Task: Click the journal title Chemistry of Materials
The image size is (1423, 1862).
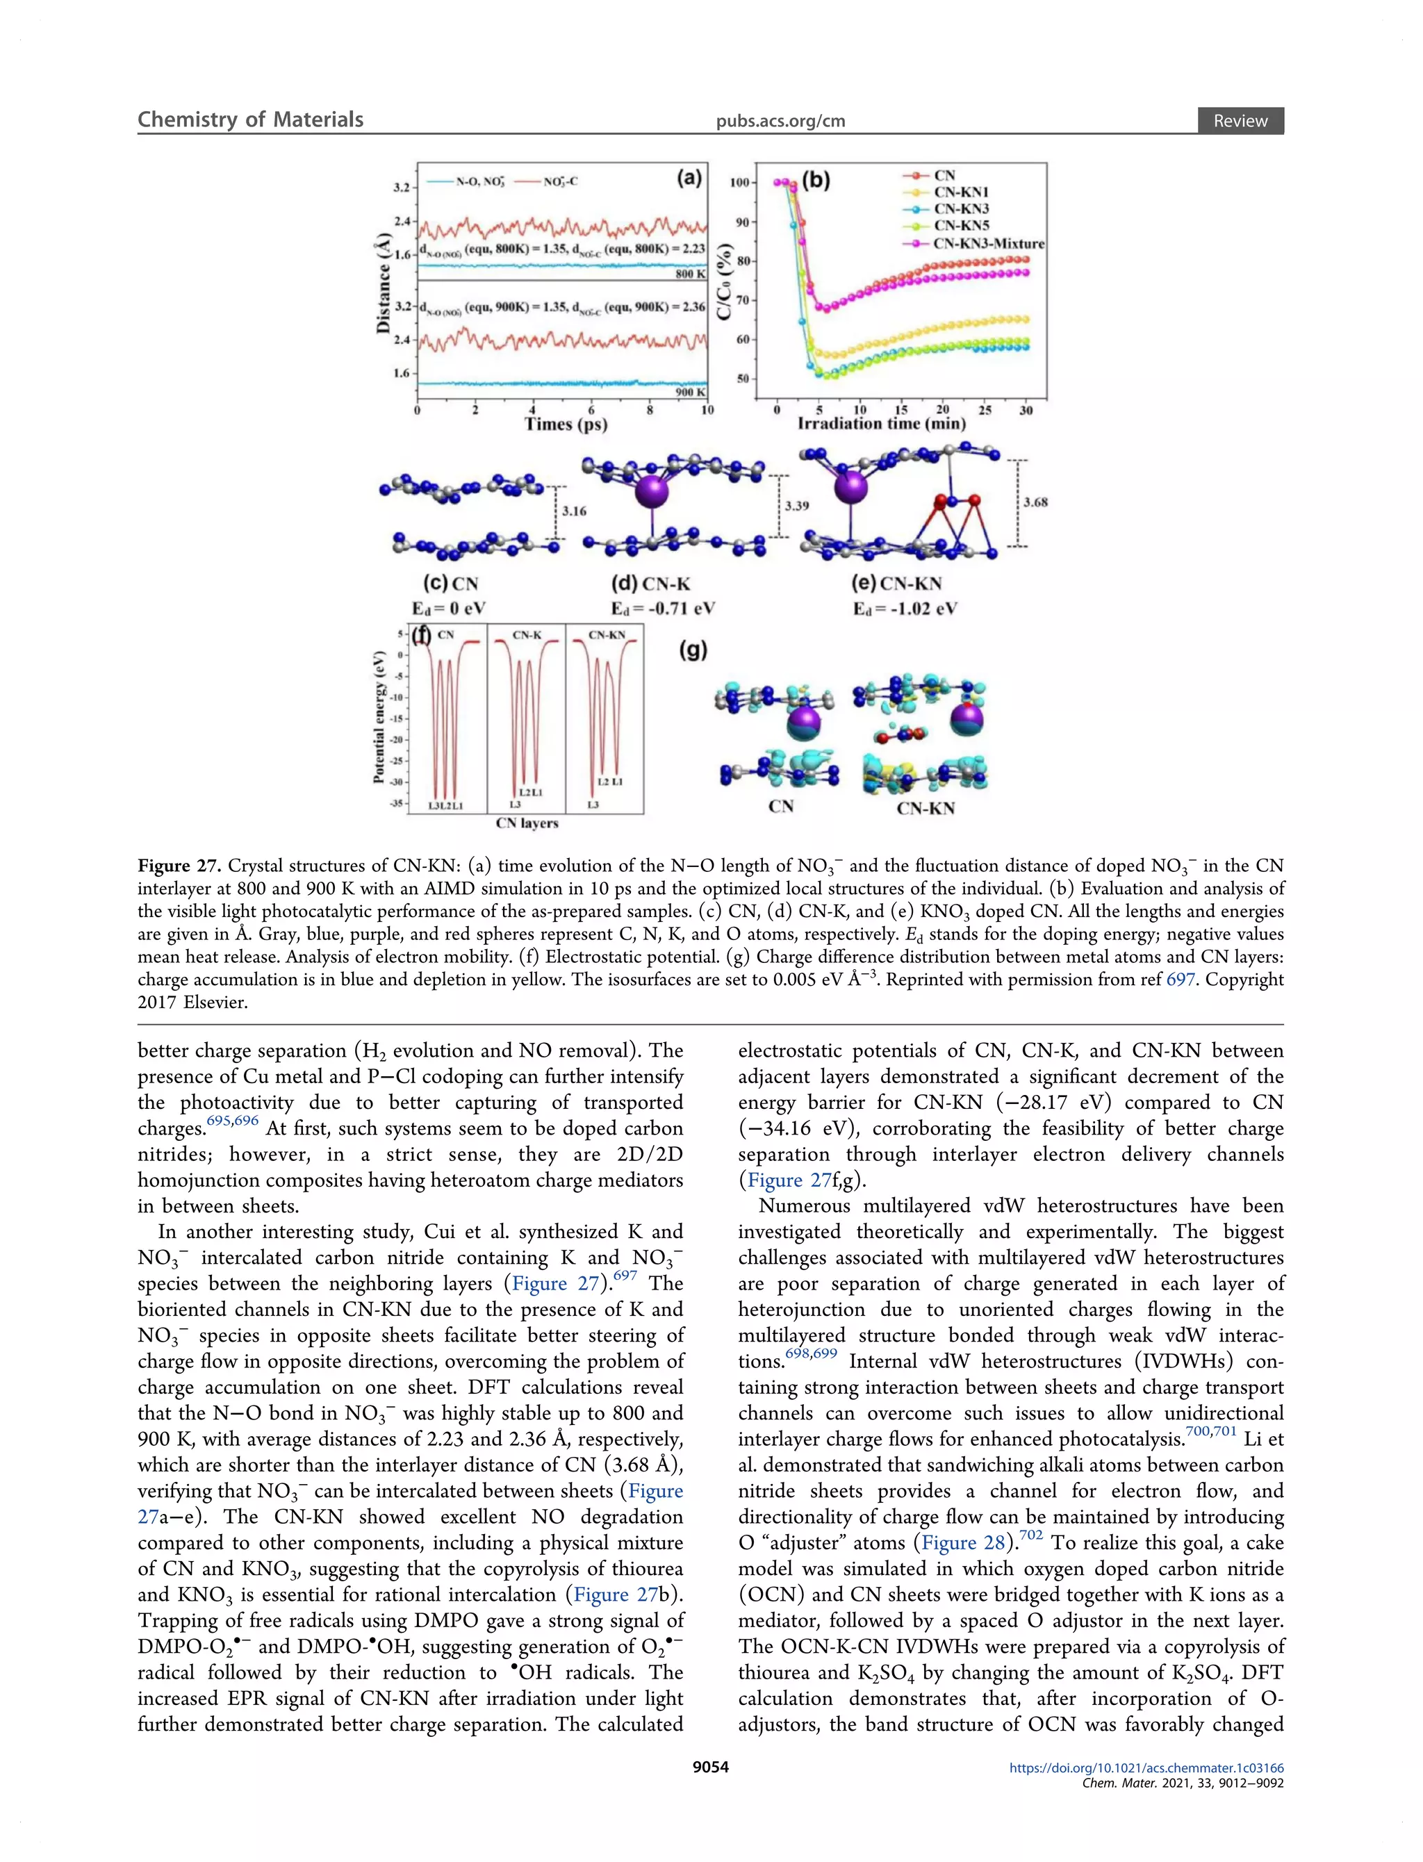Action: point(250,120)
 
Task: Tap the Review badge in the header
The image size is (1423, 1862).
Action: point(1240,121)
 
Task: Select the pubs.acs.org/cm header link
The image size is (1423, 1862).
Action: point(780,121)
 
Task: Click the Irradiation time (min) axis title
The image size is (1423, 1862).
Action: point(881,423)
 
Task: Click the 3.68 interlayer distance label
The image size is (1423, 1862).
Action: point(1035,502)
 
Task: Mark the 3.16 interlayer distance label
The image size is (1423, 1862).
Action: point(575,511)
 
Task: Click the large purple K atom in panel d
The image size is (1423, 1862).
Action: point(651,491)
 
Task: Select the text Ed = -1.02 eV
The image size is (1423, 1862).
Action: point(905,609)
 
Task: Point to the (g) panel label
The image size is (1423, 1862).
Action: point(693,650)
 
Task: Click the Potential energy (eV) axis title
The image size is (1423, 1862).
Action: point(379,716)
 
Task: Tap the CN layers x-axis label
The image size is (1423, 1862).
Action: point(527,823)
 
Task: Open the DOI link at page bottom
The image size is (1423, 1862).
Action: point(1146,1768)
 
